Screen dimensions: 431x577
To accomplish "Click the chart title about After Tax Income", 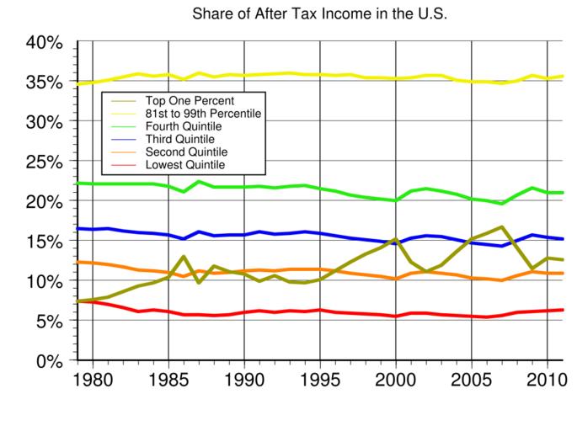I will point(319,15).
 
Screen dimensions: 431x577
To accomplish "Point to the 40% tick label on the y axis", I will point(45,42).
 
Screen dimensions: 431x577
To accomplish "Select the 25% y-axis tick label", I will point(45,162).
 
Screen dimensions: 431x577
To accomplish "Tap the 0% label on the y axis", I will point(50,361).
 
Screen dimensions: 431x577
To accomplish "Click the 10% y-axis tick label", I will point(45,281).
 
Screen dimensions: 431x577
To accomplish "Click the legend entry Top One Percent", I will point(184,99).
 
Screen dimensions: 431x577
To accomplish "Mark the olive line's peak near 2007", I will point(502,227).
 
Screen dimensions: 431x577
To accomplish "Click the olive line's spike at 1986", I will point(184,257).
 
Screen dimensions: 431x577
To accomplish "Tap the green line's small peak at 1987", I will point(199,182).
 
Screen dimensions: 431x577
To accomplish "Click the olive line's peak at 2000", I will point(396,240).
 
